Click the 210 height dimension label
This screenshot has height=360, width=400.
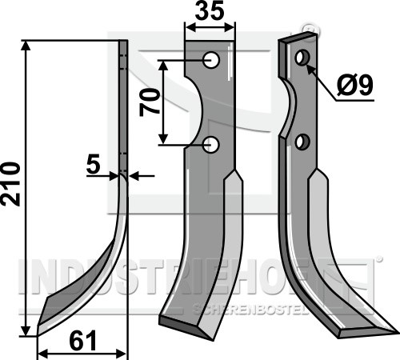tap(10, 184)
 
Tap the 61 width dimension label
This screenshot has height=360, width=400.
tap(83, 341)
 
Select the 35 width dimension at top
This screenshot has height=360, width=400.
tap(210, 10)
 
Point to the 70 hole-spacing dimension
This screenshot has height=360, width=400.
tap(150, 102)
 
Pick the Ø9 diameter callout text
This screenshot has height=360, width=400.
tap(354, 86)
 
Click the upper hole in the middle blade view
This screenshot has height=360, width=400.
tap(211, 60)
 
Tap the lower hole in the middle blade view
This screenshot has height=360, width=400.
tap(211, 145)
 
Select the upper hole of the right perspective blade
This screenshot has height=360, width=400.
tap(302, 57)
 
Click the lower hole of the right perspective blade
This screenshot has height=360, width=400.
tap(302, 142)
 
